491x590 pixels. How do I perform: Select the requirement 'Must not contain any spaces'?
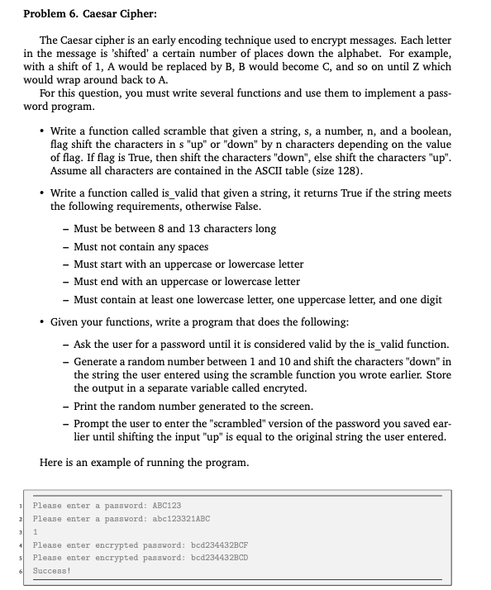141,246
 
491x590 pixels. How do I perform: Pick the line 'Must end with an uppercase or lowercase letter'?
187,282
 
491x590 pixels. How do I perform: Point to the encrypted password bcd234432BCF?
220,545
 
